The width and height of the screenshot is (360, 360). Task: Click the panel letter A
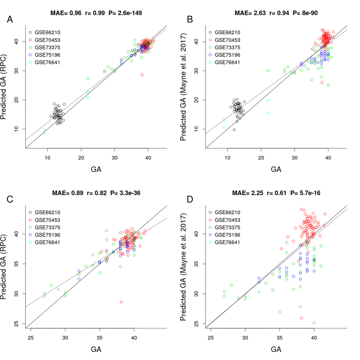click(10, 20)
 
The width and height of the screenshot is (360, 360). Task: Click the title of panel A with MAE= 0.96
click(96, 13)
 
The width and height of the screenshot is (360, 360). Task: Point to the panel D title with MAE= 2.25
click(276, 193)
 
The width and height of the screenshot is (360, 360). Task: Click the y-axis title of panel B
click(183, 86)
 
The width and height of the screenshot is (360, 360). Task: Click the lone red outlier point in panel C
click(121, 302)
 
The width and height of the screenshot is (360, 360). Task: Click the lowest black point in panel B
click(234, 130)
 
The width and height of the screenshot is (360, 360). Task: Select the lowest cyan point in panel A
click(44, 133)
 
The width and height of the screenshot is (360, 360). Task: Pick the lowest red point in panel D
click(301, 318)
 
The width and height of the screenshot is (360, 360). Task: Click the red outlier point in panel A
click(142, 75)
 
